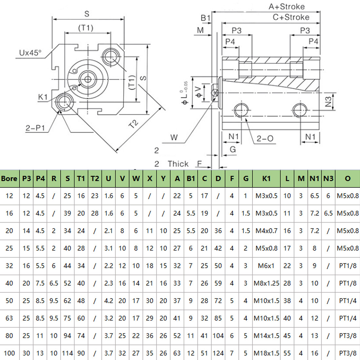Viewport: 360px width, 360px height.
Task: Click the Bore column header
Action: tap(9, 178)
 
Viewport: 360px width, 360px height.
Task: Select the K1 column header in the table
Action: tap(266, 178)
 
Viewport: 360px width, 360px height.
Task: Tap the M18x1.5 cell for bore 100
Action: tap(266, 353)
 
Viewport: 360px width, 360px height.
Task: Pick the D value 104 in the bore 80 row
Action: tap(218, 335)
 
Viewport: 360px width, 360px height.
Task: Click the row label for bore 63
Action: tap(9, 318)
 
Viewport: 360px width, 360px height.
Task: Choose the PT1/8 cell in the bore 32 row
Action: tap(348, 266)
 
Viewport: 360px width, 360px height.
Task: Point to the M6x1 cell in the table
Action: tap(266, 266)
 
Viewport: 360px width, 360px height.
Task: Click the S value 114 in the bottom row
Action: tap(67, 353)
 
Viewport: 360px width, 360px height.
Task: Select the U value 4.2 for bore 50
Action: tap(108, 300)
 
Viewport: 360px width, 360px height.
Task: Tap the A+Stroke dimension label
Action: tap(287, 7)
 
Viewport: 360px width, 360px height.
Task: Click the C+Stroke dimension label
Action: tap(291, 17)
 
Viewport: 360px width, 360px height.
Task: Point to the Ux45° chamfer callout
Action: tap(30, 53)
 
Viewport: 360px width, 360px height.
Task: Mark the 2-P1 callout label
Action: tap(35, 128)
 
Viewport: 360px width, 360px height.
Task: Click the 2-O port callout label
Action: tap(265, 138)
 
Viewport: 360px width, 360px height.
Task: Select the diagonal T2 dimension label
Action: tap(134, 124)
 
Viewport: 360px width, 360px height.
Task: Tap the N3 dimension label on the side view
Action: tap(329, 102)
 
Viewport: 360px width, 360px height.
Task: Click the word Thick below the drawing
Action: tap(178, 164)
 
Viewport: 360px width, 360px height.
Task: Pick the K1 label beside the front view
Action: tap(43, 97)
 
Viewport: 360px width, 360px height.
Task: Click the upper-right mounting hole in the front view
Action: tap(111, 57)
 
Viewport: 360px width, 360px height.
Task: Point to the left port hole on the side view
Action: tap(241, 110)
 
